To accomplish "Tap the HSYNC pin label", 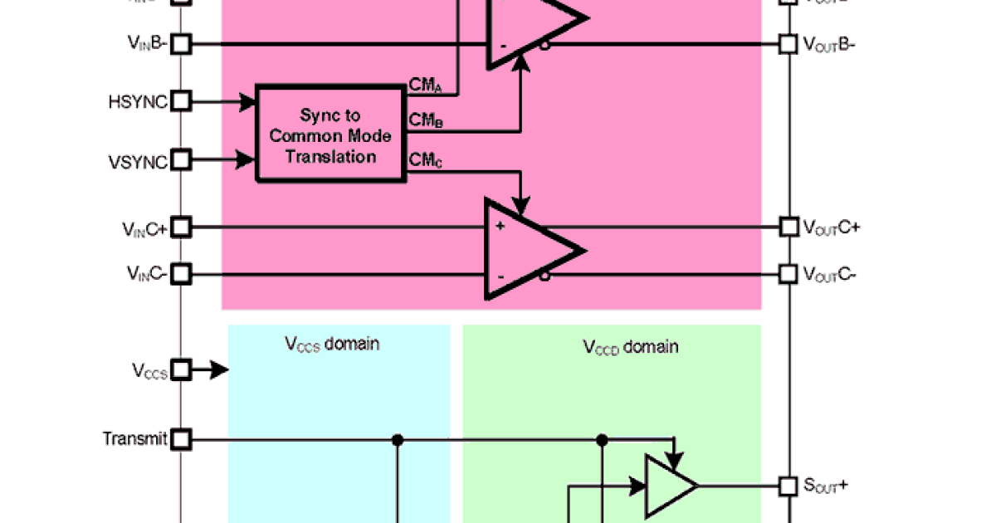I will coord(138,102).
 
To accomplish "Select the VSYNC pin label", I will coord(138,159).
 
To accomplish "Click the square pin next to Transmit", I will coord(182,438).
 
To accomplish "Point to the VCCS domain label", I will coord(332,343).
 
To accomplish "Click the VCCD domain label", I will coord(630,346).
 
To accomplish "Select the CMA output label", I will coord(426,85).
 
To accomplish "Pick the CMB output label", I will coord(426,120).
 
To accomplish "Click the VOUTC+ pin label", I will coord(831,227).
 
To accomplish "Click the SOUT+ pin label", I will coord(826,486).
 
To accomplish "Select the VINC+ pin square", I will coord(182,227).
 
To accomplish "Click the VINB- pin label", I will coord(147,44).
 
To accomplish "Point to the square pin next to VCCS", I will coord(182,370).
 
